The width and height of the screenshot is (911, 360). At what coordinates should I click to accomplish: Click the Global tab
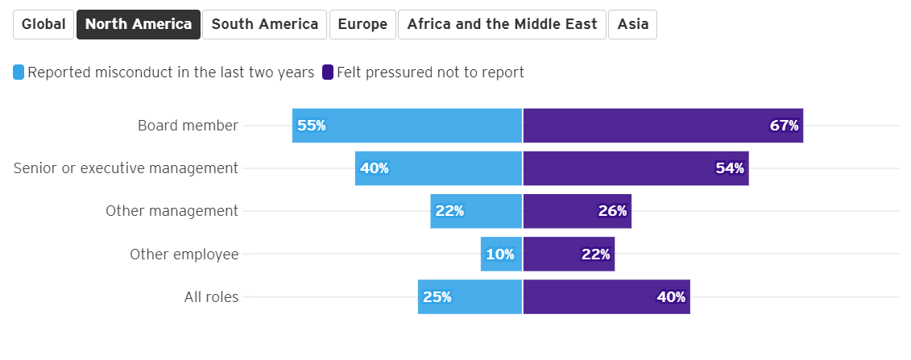click(43, 24)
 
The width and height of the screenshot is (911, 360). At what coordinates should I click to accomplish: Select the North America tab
click(139, 24)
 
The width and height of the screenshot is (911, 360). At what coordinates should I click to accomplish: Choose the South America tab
click(264, 24)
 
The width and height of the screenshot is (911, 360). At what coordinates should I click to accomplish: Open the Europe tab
click(362, 24)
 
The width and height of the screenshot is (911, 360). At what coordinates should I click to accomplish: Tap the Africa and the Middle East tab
click(502, 24)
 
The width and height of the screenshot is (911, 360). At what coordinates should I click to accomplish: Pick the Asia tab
click(632, 24)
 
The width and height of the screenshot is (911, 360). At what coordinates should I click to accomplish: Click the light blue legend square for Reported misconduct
click(19, 72)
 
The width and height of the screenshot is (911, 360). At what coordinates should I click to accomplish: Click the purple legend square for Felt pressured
click(328, 72)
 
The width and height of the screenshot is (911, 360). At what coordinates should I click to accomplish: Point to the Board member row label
click(188, 126)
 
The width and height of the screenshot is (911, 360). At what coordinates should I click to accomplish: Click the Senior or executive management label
click(126, 168)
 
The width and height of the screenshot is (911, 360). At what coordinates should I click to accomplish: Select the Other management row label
click(172, 211)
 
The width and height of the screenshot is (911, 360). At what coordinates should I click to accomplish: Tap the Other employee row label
click(184, 254)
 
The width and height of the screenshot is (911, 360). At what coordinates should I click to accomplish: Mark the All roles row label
click(211, 297)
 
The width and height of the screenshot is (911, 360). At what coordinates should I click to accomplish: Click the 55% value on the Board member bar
click(312, 126)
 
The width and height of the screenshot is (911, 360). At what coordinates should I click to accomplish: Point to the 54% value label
click(730, 168)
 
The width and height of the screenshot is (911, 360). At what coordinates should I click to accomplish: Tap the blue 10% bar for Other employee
click(501, 254)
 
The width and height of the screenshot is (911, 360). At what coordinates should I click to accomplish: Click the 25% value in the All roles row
click(437, 297)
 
